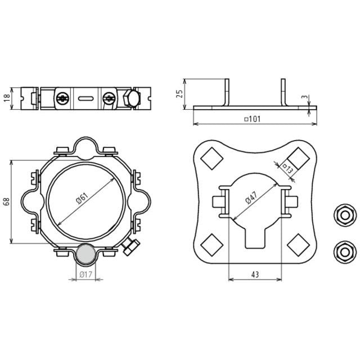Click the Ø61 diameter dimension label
pos(82,199)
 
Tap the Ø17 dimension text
pos(86,274)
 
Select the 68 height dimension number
pos(6,201)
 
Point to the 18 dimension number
pos(7,98)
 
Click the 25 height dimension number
pos(179,94)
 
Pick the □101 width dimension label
pos(252,119)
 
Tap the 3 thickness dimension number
pos(305,97)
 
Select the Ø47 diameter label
pos(251,197)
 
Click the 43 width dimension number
pos(255,274)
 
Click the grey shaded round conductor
pos(85,254)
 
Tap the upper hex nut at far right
pos(345,215)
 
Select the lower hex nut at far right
pos(345,252)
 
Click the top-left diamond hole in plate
pos(212,159)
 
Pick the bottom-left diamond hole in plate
pos(212,245)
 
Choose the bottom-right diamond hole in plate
pos(299,245)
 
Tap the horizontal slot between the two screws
pos(86,99)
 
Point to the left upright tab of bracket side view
pos(227,92)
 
